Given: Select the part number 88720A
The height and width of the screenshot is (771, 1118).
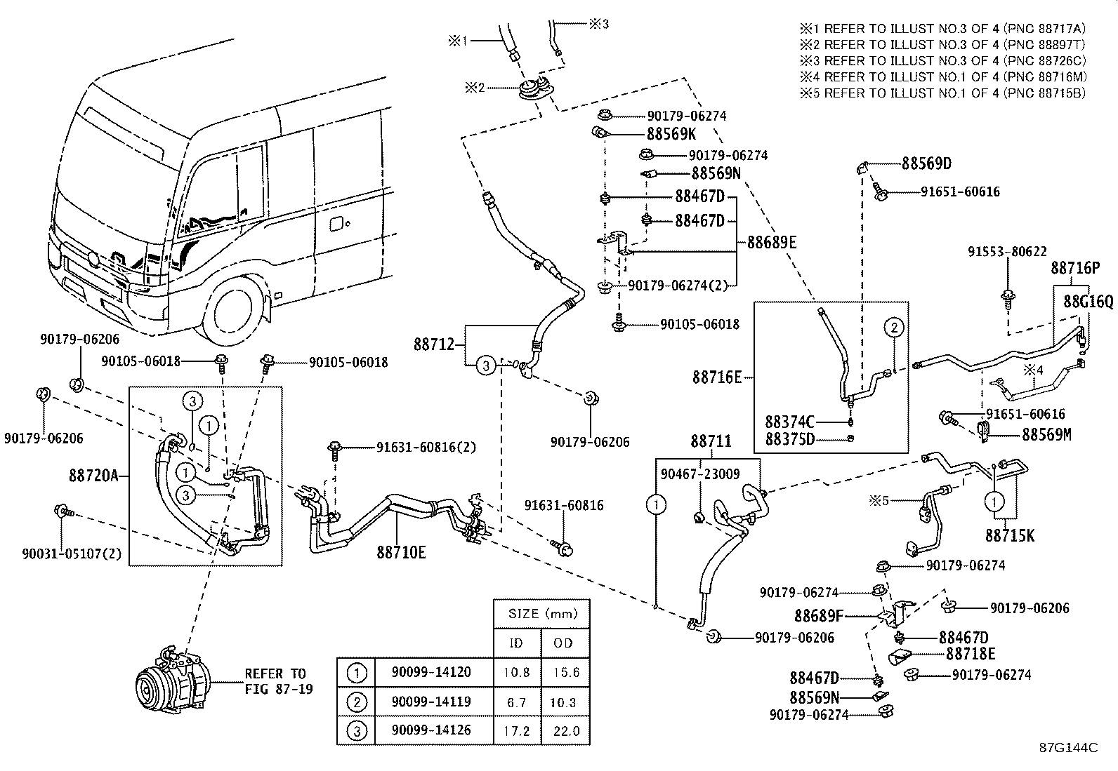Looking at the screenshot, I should [x=93, y=476].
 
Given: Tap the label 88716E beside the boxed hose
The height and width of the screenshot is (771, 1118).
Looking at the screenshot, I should [x=716, y=378].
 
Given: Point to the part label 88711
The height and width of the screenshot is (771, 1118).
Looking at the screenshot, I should [x=711, y=441].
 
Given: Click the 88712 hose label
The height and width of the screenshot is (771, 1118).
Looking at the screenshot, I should [x=433, y=344].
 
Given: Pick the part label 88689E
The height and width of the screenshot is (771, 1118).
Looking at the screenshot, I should [x=772, y=243].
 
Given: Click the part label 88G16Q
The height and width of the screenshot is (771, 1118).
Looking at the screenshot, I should [x=1088, y=302].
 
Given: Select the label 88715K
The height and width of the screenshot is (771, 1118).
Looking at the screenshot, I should [x=1009, y=536].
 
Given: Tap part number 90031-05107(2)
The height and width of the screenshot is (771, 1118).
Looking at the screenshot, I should [x=72, y=554].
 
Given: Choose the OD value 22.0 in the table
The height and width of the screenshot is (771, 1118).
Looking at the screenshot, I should [x=565, y=731].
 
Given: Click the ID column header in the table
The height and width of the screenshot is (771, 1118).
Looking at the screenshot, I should [x=516, y=643].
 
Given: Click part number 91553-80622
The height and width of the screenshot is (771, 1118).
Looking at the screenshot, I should [x=1006, y=251].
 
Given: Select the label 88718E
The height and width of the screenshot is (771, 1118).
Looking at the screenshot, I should [x=970, y=655].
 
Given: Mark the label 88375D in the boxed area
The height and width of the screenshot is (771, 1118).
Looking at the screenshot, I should [x=789, y=439].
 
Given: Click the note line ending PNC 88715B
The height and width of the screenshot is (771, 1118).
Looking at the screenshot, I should [x=943, y=93].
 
